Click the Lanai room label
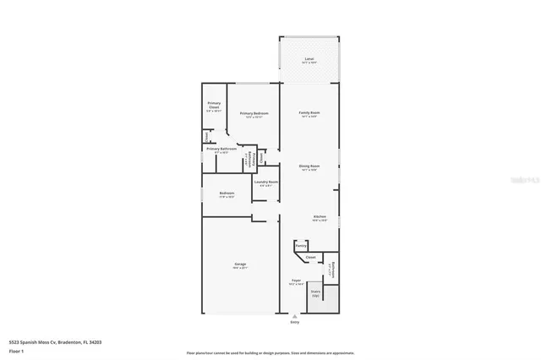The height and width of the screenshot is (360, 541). pyautogui.click(x=309, y=59)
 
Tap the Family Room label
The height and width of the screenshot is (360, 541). pyautogui.click(x=309, y=112)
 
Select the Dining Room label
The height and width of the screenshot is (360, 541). pyautogui.click(x=309, y=166)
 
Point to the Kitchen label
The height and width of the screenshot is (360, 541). pyautogui.click(x=320, y=216)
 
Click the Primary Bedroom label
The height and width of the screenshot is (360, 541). pyautogui.click(x=254, y=113)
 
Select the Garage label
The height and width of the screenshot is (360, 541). pyautogui.click(x=240, y=265)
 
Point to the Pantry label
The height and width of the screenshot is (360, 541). pyautogui.click(x=300, y=246)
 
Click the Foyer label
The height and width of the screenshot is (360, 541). pyautogui.click(x=296, y=280)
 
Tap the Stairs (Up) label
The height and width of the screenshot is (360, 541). pyautogui.click(x=315, y=292)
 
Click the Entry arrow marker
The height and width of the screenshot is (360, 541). pyautogui.click(x=294, y=315)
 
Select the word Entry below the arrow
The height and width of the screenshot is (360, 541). pyautogui.click(x=294, y=322)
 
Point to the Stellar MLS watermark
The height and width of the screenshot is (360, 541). pyautogui.click(x=526, y=179)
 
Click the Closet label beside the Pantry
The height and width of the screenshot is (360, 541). pyautogui.click(x=310, y=257)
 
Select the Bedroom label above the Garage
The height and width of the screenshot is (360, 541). pyautogui.click(x=227, y=194)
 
